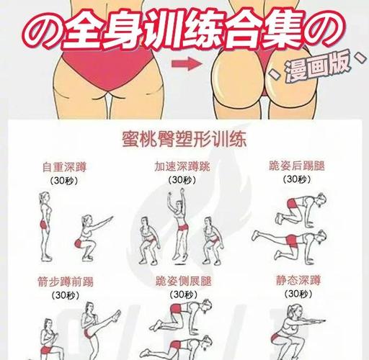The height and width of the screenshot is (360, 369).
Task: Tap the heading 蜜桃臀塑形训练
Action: tap(184, 137)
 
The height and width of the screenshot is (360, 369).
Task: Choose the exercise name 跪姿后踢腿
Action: tap(297, 166)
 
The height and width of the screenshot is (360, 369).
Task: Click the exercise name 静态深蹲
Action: tap(297, 279)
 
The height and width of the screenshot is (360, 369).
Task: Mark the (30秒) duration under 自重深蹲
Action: tap(63, 181)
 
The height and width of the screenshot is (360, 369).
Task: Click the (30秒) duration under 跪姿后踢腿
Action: tap(297, 181)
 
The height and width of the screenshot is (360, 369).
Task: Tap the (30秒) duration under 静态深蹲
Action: tap(297, 294)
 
